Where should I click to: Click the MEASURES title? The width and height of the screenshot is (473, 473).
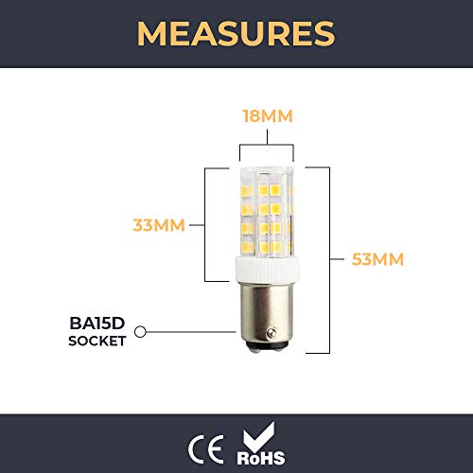[x=236, y=33]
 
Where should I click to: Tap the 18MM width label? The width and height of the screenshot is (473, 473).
[x=267, y=116]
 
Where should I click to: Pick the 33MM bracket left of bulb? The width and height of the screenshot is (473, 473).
[x=205, y=225]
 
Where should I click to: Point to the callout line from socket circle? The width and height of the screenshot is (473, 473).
[x=189, y=332]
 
